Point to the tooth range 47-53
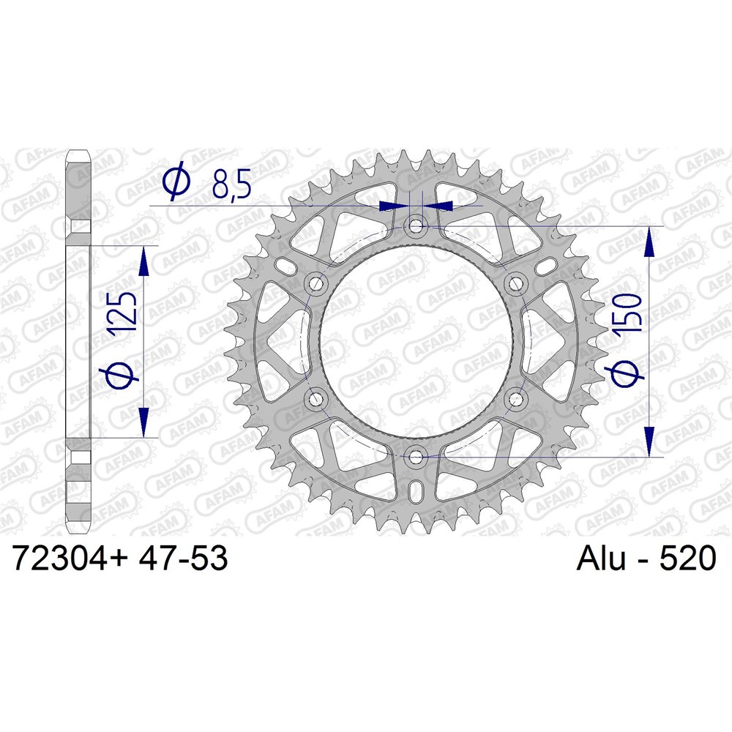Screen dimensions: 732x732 pos(184,558)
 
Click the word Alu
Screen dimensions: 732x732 pos(601,558)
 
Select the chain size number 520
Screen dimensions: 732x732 pos(687,558)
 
